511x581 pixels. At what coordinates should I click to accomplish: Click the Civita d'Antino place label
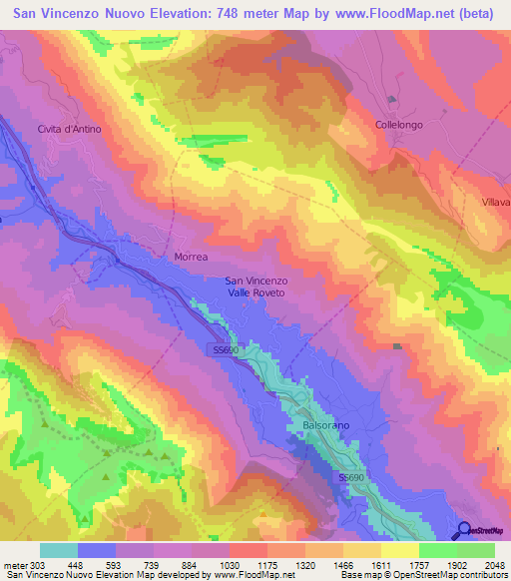coord(69,130)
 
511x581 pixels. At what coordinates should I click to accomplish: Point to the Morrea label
coord(191,257)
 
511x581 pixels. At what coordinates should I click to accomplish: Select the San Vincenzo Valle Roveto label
coord(256,288)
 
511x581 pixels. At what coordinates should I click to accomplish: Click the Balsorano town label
coord(324,425)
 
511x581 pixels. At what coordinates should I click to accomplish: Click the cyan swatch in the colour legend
coord(59,549)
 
